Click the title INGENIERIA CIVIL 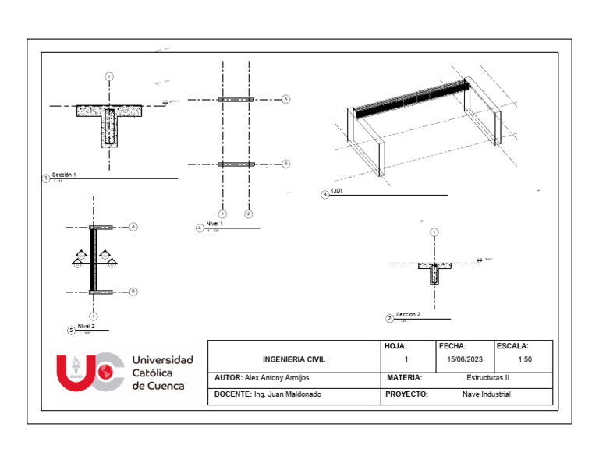point(294,360)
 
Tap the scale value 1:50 point(525,360)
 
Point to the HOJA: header point(396,345)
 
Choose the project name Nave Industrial point(486,394)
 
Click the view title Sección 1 point(65,175)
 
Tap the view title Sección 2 point(408,315)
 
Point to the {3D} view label point(337,190)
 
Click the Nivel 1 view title point(215,224)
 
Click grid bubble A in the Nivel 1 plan point(285,100)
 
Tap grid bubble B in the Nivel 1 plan point(285,164)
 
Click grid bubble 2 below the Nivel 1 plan point(248,213)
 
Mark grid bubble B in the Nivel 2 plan point(133,292)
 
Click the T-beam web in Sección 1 point(108,129)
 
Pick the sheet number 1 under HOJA point(406,360)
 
